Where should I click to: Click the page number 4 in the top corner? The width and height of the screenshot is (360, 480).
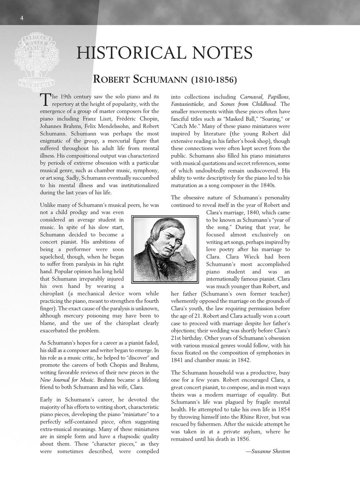tap(22, 17)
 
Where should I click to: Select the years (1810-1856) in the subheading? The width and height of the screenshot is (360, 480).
tap(214, 79)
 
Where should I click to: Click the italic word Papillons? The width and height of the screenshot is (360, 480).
tap(278, 97)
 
